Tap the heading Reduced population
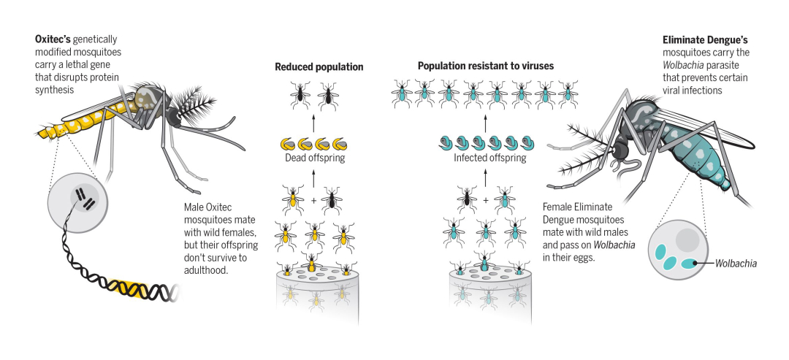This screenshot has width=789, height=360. [319, 67]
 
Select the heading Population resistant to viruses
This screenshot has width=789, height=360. [485, 66]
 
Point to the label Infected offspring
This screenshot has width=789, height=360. [484, 158]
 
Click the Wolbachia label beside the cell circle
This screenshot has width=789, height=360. [735, 263]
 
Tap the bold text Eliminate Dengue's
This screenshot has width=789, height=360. [706, 39]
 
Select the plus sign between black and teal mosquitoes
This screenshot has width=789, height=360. [484, 199]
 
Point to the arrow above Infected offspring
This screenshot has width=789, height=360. [484, 119]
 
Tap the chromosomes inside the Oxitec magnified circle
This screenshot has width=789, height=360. [83, 199]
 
